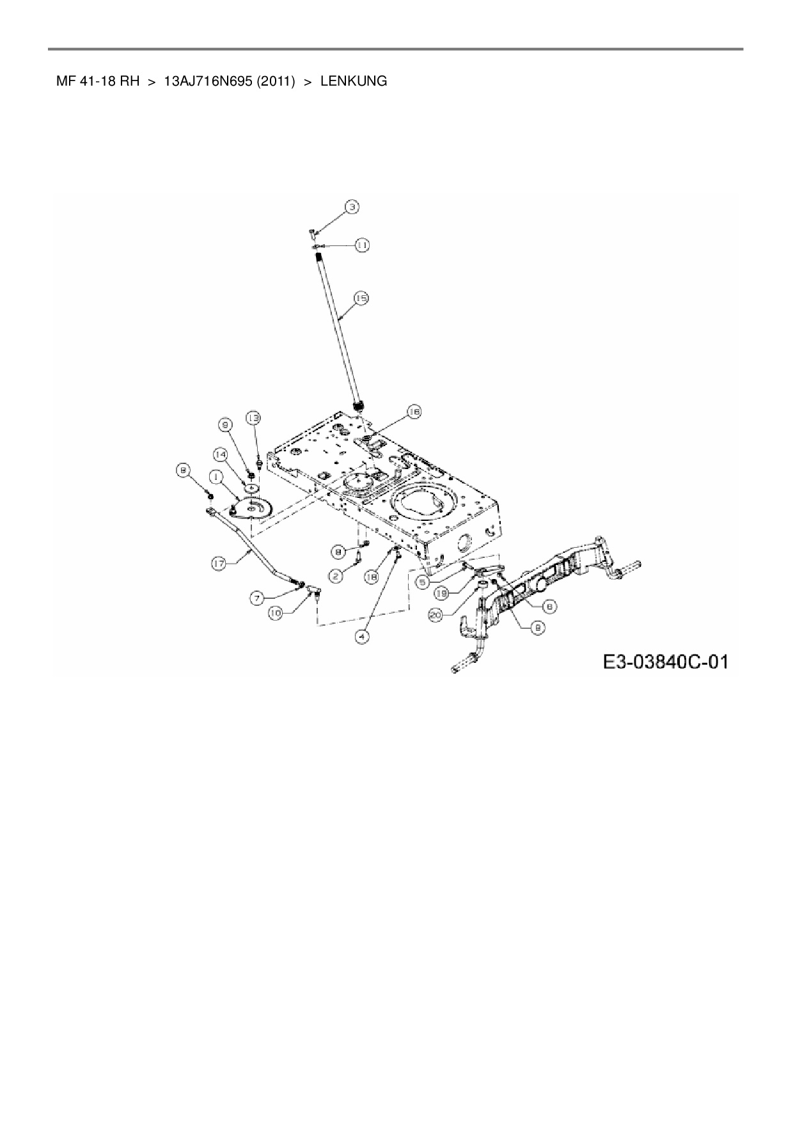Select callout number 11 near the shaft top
(362, 245)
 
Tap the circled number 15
(361, 298)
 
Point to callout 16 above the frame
(413, 413)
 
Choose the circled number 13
(254, 418)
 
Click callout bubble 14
(221, 454)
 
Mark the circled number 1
(216, 476)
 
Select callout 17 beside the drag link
(219, 564)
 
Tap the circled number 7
(257, 598)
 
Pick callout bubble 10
(275, 613)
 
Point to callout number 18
(371, 576)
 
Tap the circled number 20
(436, 615)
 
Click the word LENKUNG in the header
(353, 82)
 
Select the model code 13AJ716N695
(208, 82)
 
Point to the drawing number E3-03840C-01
(665, 661)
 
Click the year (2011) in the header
(276, 82)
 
